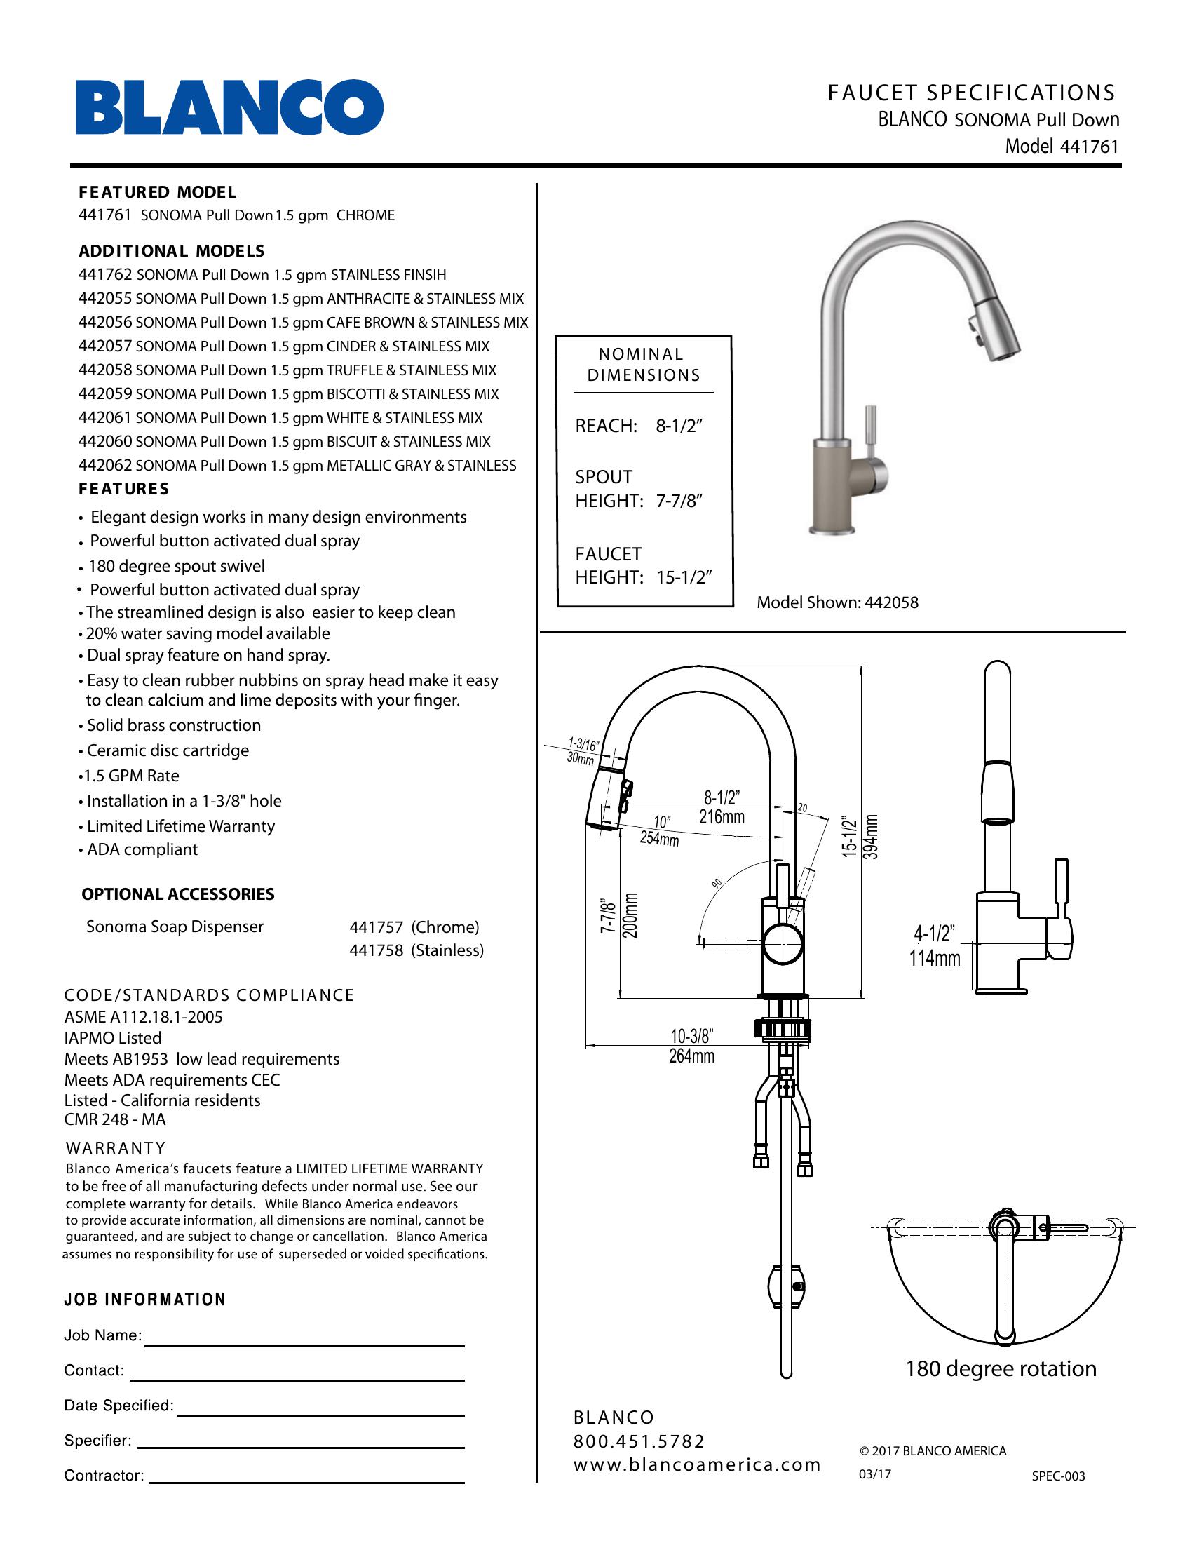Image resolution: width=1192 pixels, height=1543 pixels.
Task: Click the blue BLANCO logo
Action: (229, 107)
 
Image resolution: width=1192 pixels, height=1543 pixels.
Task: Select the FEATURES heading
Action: (124, 489)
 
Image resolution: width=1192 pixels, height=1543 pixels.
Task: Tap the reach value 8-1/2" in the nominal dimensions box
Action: (679, 426)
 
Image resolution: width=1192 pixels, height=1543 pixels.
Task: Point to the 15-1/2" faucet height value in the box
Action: (683, 577)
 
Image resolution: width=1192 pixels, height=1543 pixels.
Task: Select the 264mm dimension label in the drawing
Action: (691, 1056)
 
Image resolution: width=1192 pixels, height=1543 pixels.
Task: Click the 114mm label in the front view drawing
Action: (934, 959)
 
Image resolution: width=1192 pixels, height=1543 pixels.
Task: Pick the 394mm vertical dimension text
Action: (872, 837)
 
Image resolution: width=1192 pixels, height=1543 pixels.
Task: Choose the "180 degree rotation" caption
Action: (1001, 1368)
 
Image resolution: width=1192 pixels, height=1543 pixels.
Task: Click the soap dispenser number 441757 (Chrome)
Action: (377, 927)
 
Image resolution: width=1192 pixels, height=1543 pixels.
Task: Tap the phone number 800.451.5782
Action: (639, 1441)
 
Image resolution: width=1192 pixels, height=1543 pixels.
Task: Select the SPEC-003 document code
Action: (1058, 1476)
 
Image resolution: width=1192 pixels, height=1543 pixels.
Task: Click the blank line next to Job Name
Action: (304, 1345)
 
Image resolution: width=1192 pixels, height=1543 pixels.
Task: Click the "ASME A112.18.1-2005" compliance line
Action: (143, 1017)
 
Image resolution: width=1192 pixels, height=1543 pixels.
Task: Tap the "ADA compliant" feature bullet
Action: (142, 849)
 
